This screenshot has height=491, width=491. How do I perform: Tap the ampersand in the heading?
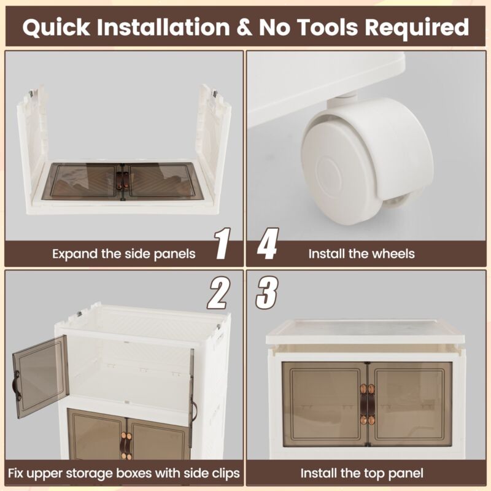[x=244, y=27]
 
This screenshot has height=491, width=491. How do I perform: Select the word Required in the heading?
[x=417, y=28]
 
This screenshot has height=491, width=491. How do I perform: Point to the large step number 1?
[x=223, y=243]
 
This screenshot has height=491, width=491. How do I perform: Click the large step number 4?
[x=268, y=243]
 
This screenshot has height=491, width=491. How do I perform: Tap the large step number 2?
[x=218, y=293]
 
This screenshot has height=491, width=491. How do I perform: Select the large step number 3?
[x=267, y=293]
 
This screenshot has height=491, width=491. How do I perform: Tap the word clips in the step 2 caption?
[x=226, y=473]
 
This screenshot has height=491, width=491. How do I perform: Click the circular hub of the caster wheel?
[x=330, y=176]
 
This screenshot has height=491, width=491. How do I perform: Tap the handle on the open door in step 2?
[x=17, y=385]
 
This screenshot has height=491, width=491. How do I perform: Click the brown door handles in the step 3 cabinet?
[x=367, y=404]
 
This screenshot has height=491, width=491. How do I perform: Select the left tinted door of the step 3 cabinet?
[x=325, y=404]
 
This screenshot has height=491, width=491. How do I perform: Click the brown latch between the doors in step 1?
[x=122, y=181]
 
